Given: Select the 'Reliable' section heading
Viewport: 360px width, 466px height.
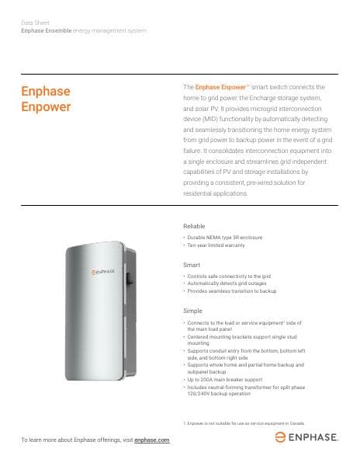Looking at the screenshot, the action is click(194, 226).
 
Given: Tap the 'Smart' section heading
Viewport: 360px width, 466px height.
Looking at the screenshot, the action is click(191, 266).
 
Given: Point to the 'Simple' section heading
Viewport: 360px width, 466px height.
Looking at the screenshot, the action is click(192, 311).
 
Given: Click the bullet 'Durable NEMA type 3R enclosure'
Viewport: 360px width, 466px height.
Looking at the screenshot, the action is click(220, 237).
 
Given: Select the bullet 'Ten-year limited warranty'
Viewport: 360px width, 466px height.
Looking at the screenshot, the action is click(215, 245).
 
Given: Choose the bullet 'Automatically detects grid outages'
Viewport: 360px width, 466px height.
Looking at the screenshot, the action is click(225, 283).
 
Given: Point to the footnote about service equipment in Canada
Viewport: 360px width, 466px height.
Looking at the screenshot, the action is click(248, 423).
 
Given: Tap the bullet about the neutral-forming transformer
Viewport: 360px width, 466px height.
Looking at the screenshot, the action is click(241, 391).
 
